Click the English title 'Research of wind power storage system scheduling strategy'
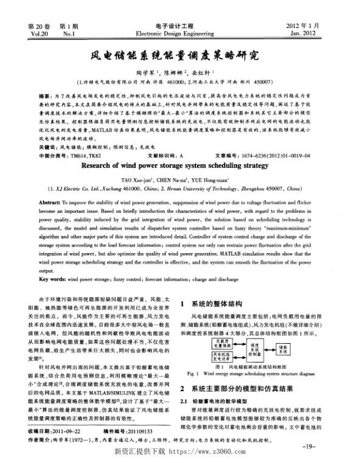(179, 148)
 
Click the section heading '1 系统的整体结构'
(212, 302)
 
